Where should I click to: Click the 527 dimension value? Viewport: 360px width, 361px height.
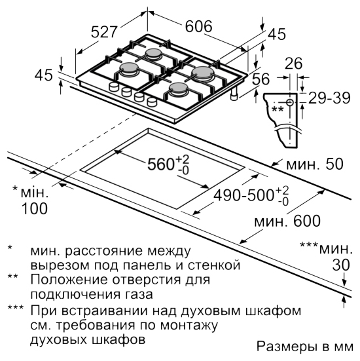(x=104, y=31)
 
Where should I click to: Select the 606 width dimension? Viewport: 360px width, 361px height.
(x=198, y=26)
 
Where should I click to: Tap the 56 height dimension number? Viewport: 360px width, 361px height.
(x=261, y=79)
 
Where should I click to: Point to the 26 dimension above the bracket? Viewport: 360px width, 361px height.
(x=293, y=64)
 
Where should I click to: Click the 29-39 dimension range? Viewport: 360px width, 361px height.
(x=329, y=98)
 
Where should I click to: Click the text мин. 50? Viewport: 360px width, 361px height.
(x=314, y=164)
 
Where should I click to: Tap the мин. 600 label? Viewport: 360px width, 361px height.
(x=287, y=221)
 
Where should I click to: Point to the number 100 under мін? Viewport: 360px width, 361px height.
(x=35, y=208)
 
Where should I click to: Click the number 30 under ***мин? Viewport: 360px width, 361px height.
(x=341, y=265)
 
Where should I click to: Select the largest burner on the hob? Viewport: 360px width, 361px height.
(x=204, y=72)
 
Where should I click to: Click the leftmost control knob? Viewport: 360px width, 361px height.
(x=113, y=87)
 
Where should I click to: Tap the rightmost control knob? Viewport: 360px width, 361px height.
(x=152, y=102)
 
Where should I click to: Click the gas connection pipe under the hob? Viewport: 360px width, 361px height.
(x=234, y=94)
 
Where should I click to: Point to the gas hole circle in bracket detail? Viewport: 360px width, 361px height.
(x=289, y=102)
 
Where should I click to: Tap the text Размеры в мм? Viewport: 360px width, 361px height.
(x=304, y=347)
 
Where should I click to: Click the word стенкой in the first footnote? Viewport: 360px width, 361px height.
(x=214, y=265)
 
